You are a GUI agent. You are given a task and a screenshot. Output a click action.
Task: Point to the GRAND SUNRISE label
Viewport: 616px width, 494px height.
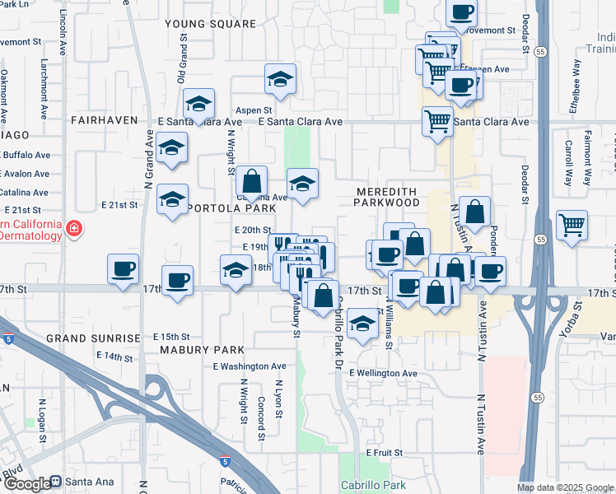click(93, 338)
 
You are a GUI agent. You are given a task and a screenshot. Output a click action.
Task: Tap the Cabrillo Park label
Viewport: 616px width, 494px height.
click(373, 486)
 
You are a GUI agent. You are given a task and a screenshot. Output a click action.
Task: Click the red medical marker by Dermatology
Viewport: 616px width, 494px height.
click(74, 227)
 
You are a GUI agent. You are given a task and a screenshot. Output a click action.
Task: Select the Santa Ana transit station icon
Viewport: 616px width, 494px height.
click(56, 482)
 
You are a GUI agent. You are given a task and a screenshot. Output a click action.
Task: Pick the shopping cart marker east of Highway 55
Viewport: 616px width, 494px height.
click(572, 224)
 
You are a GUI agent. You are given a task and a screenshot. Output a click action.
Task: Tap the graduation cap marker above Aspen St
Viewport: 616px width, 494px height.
click(280, 79)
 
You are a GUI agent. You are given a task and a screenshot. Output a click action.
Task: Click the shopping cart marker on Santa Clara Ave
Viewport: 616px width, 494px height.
click(437, 120)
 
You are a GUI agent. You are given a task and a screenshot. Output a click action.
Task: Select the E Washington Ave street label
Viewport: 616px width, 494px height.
click(250, 366)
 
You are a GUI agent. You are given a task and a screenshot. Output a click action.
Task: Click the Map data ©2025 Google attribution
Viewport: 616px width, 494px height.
click(564, 487)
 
